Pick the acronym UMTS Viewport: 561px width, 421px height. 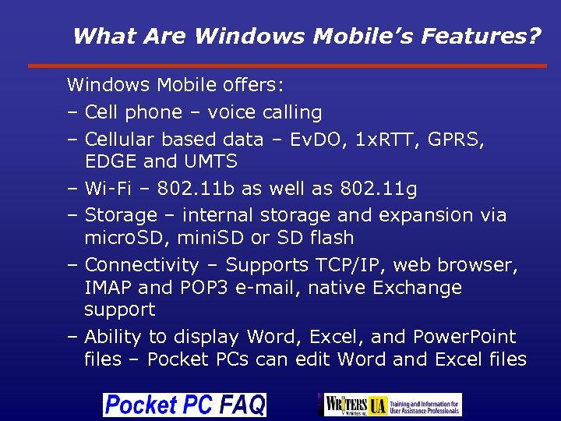click(x=210, y=162)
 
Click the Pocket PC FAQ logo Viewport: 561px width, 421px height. click(x=185, y=405)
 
